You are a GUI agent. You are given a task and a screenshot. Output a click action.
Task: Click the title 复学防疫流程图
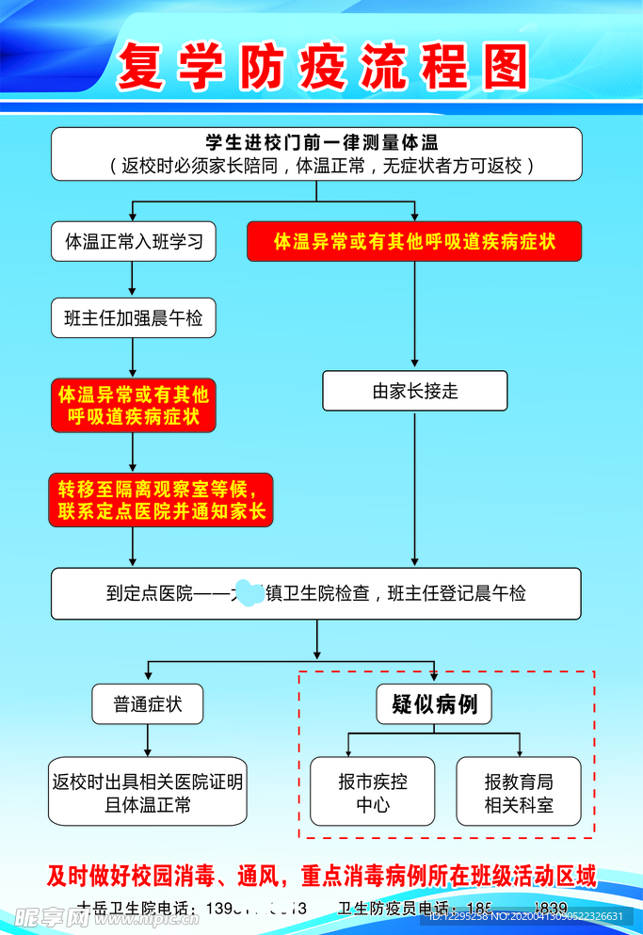click(x=322, y=67)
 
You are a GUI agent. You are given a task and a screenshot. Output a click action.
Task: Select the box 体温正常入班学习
click(x=133, y=242)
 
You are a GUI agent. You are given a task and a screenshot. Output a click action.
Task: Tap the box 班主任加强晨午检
click(x=133, y=318)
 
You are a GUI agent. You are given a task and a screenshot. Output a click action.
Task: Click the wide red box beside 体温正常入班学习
click(x=414, y=242)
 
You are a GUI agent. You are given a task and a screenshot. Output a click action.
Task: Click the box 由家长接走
click(x=414, y=391)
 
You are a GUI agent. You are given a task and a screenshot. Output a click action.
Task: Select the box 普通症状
click(x=147, y=704)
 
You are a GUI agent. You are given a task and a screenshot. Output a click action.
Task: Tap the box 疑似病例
click(x=434, y=704)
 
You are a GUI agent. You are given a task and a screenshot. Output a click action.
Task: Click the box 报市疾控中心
click(x=373, y=792)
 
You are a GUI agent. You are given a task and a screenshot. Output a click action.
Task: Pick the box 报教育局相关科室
click(x=519, y=792)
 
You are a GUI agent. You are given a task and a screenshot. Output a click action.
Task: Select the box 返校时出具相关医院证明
click(x=148, y=792)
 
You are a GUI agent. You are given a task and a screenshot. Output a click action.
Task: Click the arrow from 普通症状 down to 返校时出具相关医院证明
click(x=147, y=740)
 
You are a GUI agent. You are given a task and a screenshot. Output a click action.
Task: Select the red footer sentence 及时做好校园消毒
click(x=322, y=876)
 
